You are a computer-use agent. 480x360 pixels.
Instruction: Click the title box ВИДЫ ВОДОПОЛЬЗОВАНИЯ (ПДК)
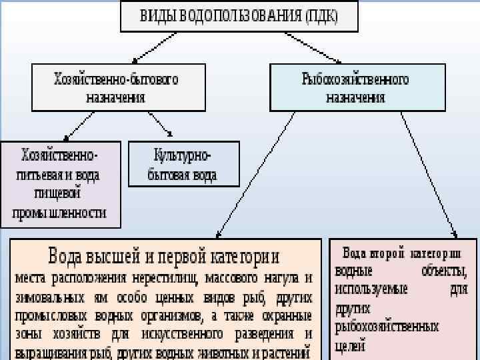(x=239, y=16)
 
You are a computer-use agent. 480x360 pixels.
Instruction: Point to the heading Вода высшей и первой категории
(x=164, y=257)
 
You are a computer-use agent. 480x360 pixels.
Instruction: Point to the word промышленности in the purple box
(x=59, y=214)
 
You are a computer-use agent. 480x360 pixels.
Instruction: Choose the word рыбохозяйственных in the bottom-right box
(x=387, y=327)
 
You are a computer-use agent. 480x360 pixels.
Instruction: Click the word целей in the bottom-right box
(x=351, y=345)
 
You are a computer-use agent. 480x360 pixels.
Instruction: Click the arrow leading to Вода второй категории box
(x=430, y=173)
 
